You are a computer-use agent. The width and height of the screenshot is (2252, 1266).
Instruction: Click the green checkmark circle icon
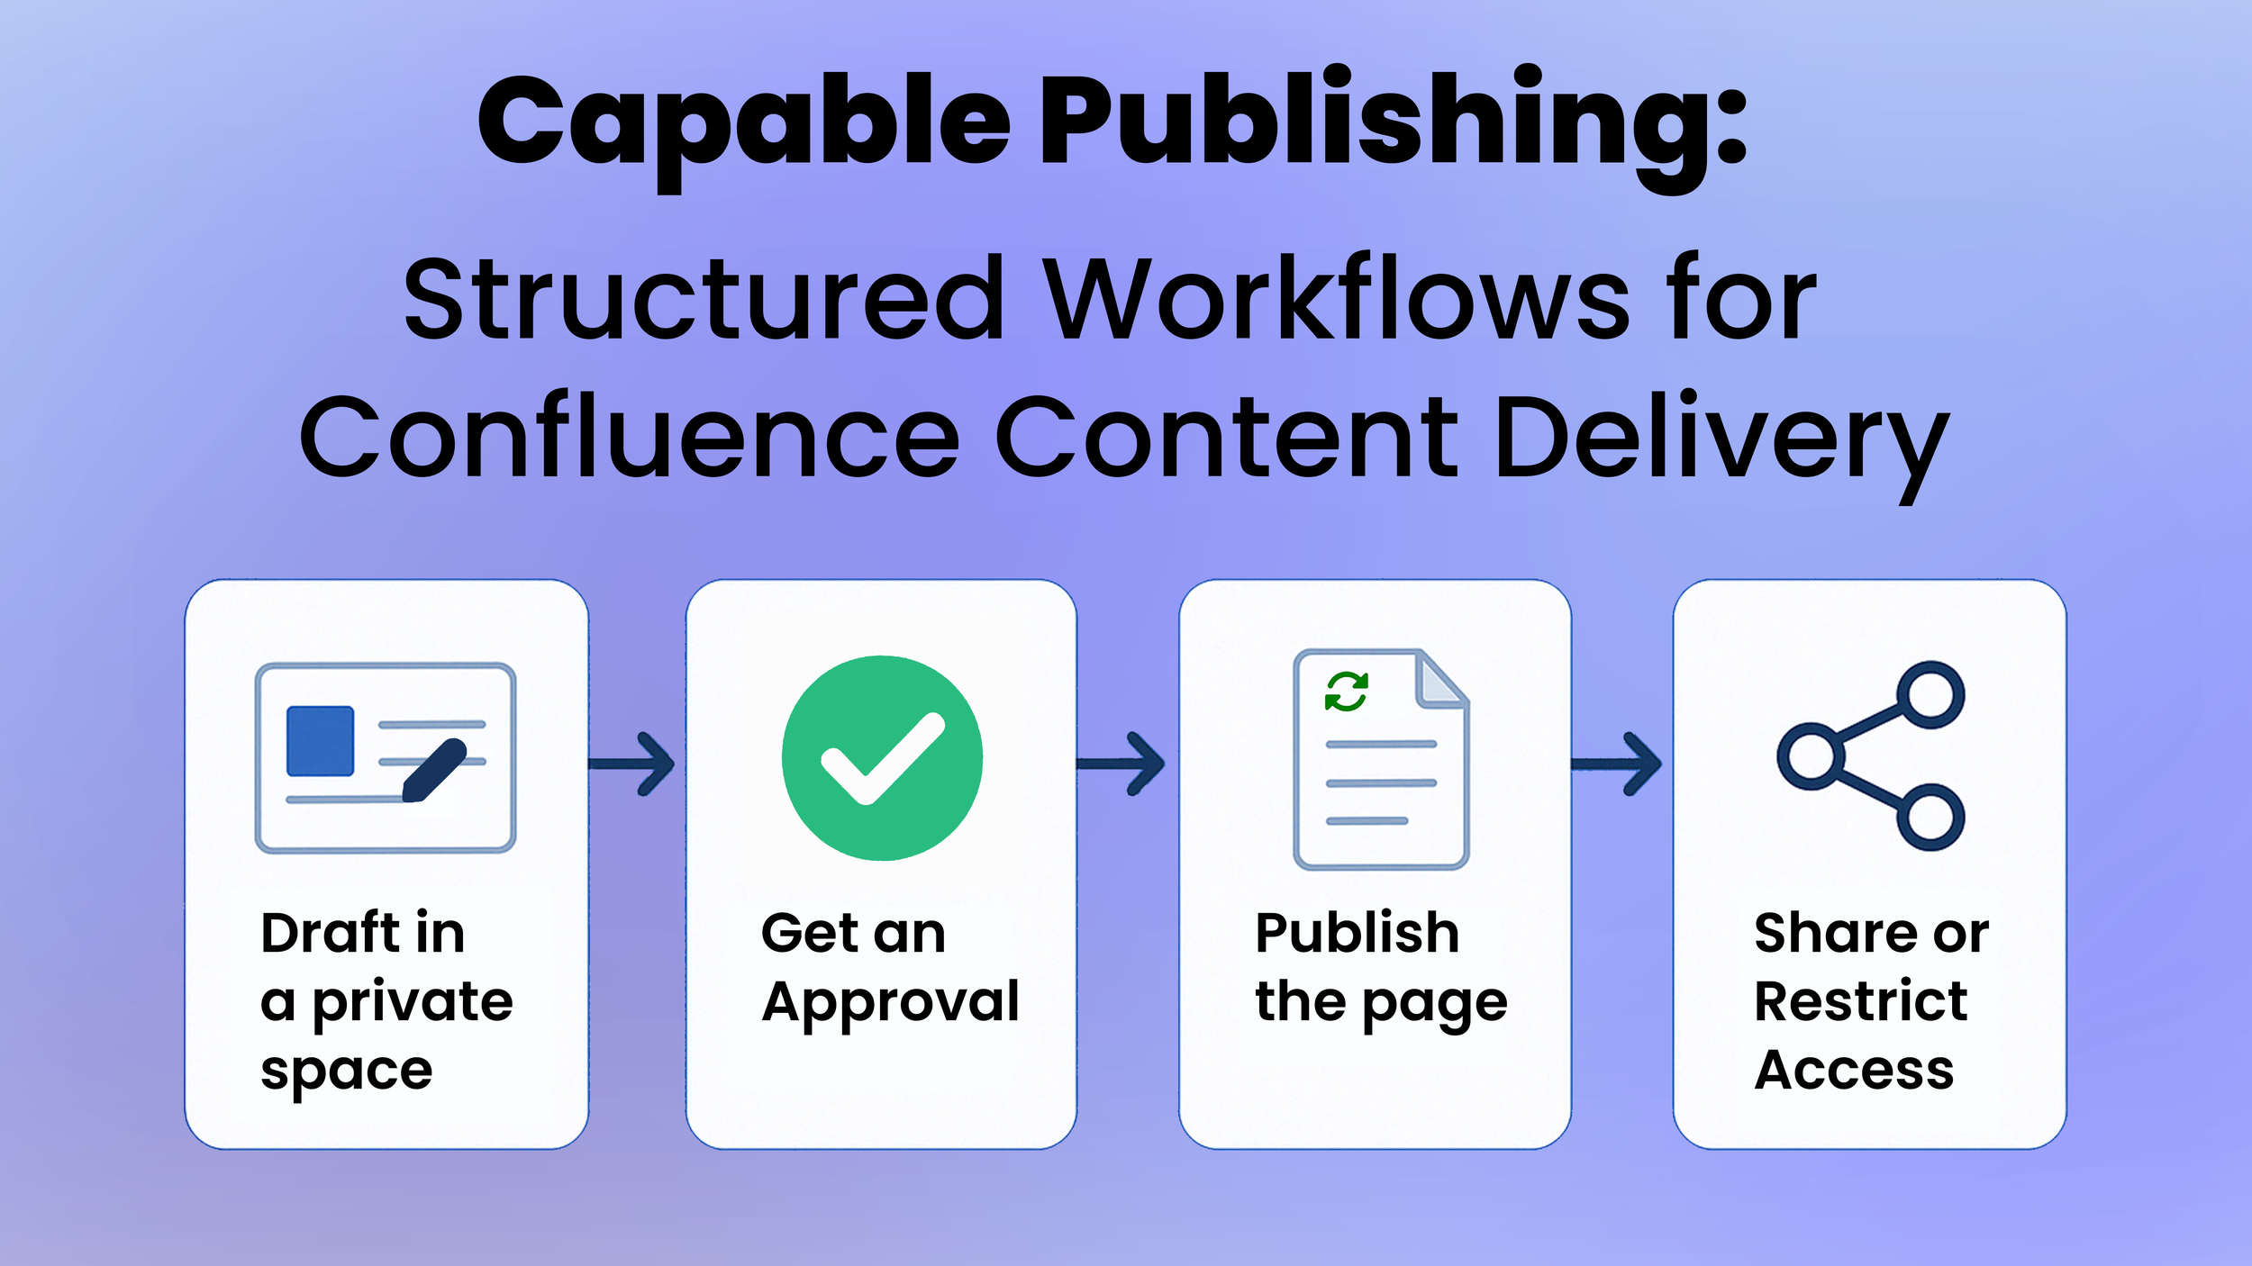coord(882,757)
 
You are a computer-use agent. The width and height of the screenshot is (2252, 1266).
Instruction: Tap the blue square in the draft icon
coord(320,740)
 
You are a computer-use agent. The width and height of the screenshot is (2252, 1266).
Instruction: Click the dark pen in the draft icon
coord(434,770)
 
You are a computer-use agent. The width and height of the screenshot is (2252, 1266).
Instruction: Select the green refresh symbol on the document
coord(1347,692)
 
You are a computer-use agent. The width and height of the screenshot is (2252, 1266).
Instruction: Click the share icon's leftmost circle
coord(1811,756)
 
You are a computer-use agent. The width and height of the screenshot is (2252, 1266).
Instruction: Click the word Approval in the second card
coord(890,1001)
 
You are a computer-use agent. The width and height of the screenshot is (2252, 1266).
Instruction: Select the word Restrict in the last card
coord(1860,1001)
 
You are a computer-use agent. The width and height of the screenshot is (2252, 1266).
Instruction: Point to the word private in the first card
coord(413,1003)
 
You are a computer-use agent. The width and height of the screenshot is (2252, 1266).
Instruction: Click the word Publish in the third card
coord(1357,933)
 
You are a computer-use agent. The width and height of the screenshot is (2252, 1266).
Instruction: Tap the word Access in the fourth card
coord(1854,1071)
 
